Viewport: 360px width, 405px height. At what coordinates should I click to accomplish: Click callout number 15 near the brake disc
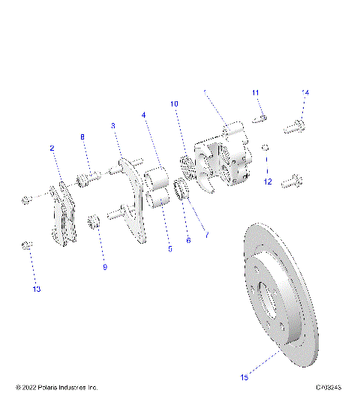pos(244,378)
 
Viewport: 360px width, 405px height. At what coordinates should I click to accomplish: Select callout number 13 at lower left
pos(37,289)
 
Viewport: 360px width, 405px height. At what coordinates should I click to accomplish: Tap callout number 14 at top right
pos(305,92)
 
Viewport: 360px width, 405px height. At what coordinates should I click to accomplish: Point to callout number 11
pos(255,92)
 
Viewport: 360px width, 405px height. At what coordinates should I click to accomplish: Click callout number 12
pos(268,181)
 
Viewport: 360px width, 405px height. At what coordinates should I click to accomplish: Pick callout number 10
pos(173,103)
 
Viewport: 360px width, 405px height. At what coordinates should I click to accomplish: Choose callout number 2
pos(52,148)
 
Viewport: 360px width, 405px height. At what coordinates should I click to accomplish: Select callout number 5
pos(169,248)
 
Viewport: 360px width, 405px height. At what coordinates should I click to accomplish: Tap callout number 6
pos(188,240)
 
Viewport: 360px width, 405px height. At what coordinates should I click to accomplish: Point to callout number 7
pos(206,235)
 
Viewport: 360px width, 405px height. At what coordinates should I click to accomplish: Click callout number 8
pos(83,136)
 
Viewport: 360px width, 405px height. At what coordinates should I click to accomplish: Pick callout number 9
pos(104,266)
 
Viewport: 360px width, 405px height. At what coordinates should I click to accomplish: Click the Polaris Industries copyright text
pos(57,388)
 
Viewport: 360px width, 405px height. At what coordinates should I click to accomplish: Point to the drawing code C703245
pos(328,388)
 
